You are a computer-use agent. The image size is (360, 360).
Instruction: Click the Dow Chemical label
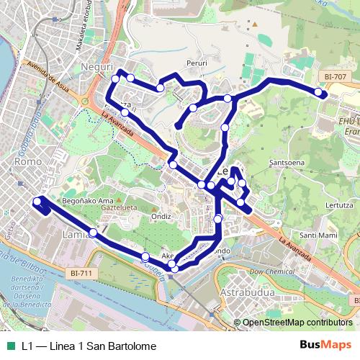[272, 271]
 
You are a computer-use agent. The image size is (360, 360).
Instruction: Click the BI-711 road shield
[83, 274]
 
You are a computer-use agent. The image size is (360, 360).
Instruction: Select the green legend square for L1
[11, 346]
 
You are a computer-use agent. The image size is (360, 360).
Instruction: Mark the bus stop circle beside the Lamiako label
[92, 233]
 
